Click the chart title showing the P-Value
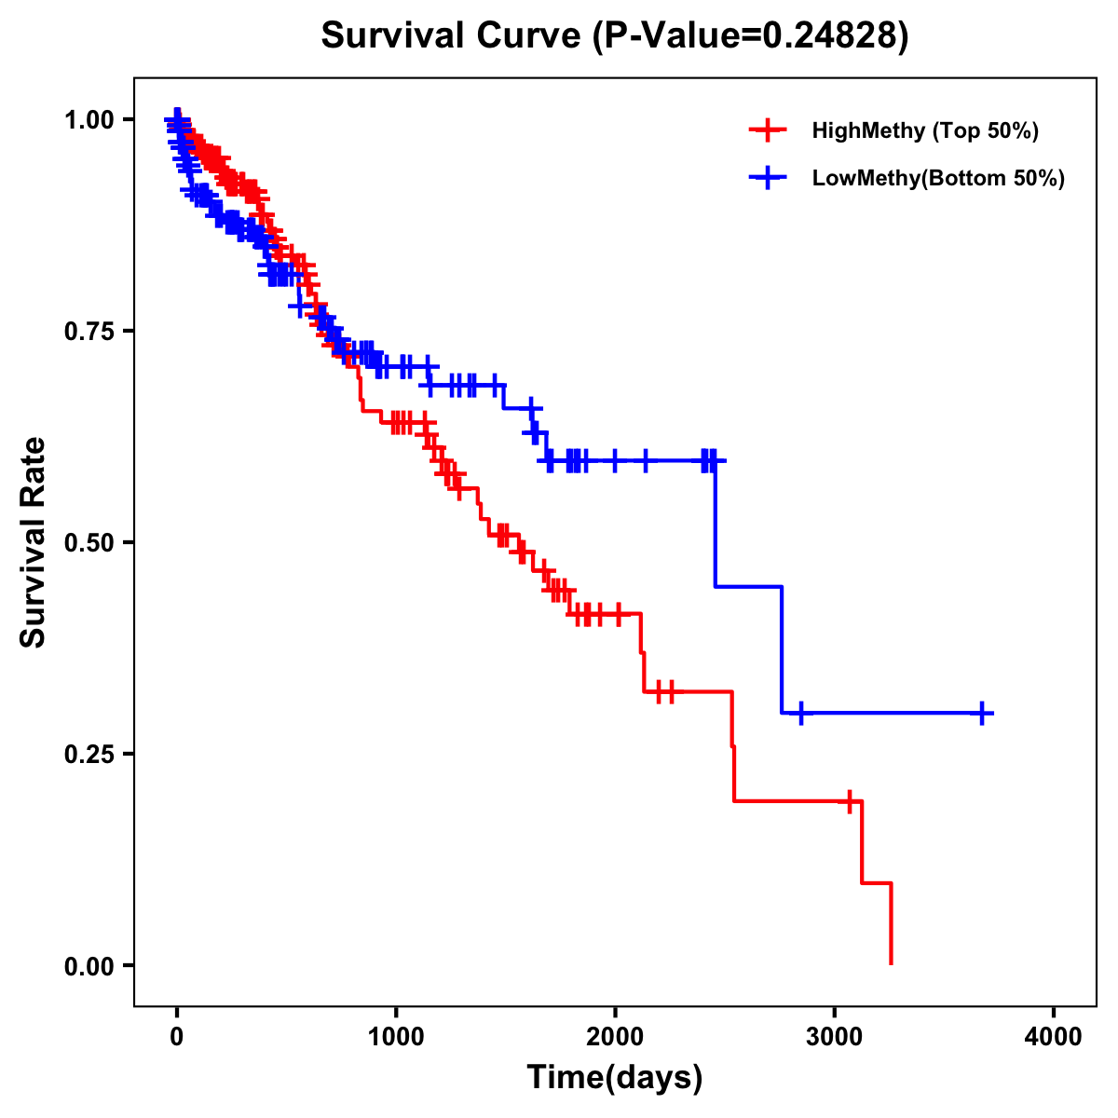[614, 35]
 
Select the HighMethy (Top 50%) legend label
[925, 130]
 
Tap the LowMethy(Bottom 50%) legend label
[938, 178]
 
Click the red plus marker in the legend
[767, 130]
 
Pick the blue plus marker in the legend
[767, 178]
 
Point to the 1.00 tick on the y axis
[89, 120]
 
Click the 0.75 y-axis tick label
[89, 332]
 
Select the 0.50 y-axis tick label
[89, 543]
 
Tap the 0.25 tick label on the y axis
[89, 755]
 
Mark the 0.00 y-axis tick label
[89, 966]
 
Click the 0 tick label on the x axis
[177, 1037]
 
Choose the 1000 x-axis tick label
[396, 1037]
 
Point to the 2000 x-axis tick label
[615, 1037]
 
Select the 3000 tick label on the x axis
[835, 1037]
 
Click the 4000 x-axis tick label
[1054, 1037]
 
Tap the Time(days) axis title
[615, 1078]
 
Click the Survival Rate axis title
[34, 542]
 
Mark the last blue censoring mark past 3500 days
[982, 713]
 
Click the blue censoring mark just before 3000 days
[800, 713]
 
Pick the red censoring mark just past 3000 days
[850, 801]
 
